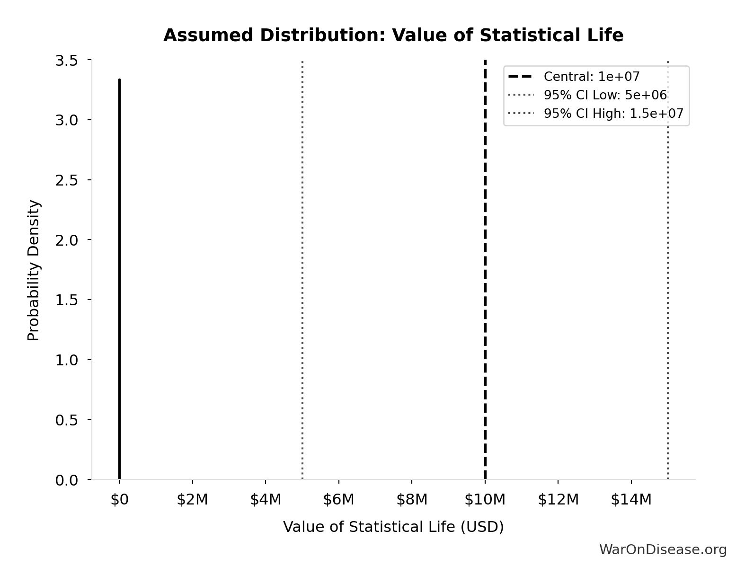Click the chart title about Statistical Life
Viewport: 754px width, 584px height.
point(393,35)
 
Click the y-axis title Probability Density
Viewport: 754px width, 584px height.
point(34,270)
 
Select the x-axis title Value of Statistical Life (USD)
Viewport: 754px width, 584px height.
point(393,527)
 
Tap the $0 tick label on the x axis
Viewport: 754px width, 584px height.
point(119,500)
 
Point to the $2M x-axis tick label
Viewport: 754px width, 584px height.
point(192,500)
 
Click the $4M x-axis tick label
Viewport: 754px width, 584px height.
point(266,500)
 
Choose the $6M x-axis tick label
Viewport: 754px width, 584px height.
point(338,500)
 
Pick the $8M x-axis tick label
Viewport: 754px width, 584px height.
point(412,500)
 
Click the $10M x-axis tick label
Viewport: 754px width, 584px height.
point(485,500)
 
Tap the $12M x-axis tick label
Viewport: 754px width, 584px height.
point(558,500)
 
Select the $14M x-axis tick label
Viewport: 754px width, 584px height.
point(631,500)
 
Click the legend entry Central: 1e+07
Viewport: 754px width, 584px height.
point(591,77)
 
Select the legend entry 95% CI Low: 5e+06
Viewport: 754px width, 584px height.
point(604,95)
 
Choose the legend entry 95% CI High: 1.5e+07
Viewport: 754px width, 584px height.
point(613,114)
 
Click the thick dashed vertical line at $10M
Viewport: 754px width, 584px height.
point(485,284)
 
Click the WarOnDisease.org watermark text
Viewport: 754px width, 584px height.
point(663,549)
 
